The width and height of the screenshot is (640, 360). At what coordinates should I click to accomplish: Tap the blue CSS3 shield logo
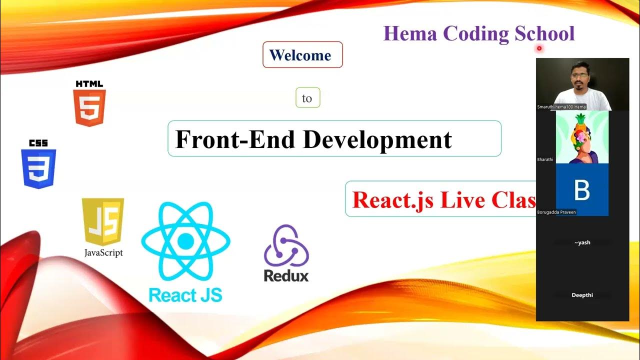(x=38, y=167)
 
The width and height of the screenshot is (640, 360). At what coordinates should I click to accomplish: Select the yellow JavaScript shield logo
(x=103, y=221)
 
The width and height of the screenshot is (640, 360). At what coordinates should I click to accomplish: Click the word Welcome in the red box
(x=300, y=55)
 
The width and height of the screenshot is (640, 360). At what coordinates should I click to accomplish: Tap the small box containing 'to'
(x=307, y=98)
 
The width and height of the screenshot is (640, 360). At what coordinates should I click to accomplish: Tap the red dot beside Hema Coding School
(x=539, y=48)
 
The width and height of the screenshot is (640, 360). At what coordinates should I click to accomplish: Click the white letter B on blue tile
(x=582, y=190)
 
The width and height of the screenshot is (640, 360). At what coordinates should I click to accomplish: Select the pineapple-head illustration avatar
(x=582, y=137)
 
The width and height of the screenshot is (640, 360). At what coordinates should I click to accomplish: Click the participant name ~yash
(x=582, y=242)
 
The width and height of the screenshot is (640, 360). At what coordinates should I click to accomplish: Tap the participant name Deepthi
(x=582, y=295)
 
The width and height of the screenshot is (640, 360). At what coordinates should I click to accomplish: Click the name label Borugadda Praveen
(x=556, y=212)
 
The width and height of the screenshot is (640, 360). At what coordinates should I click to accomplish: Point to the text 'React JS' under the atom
(x=185, y=294)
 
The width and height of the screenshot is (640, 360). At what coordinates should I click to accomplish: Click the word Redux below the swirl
(x=286, y=275)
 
